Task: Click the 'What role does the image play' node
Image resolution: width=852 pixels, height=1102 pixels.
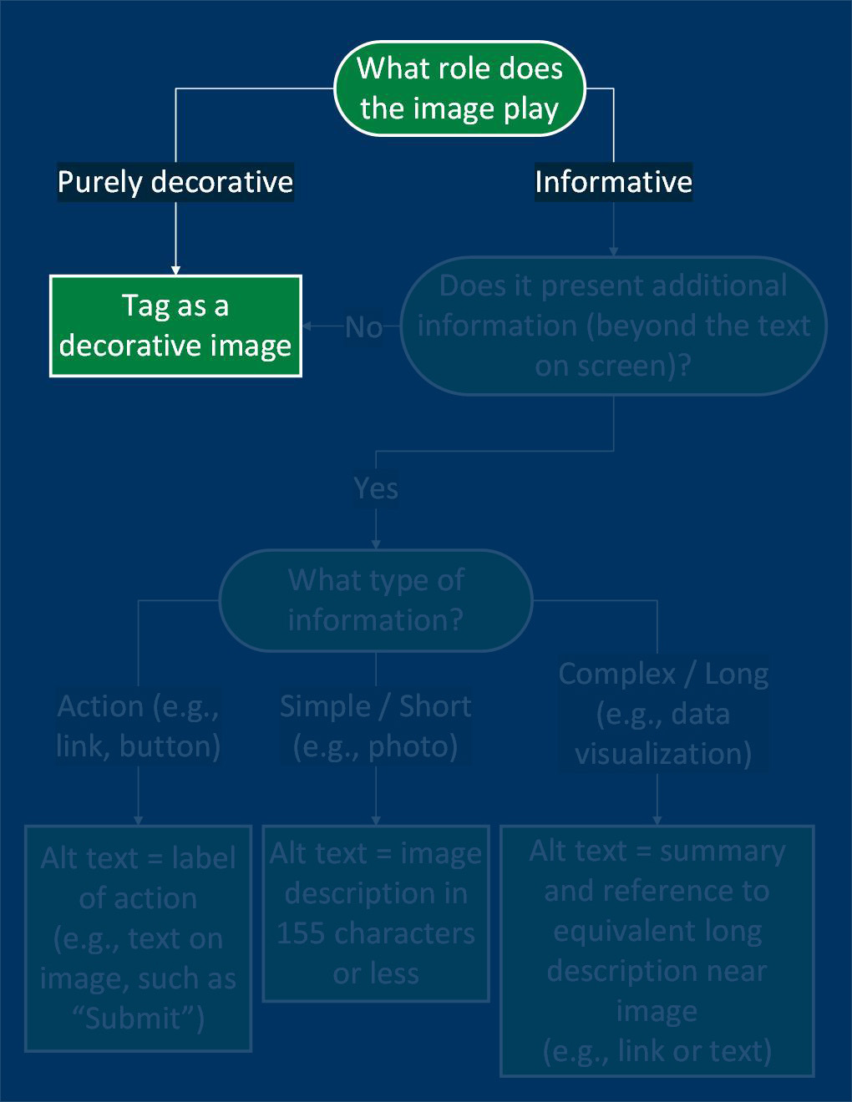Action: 459,88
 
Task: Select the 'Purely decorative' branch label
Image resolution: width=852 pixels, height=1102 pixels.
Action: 175,182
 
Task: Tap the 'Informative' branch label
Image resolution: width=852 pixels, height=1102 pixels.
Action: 613,182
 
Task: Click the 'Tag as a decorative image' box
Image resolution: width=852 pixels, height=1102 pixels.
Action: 175,326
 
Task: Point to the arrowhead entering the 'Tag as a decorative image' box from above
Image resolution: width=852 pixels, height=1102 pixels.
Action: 175,270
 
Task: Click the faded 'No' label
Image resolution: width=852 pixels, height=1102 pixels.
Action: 363,326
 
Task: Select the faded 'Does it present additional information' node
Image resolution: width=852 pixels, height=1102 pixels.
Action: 613,326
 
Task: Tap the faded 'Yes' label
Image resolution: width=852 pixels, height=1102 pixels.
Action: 375,488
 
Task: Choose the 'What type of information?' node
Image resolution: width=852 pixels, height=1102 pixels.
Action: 375,599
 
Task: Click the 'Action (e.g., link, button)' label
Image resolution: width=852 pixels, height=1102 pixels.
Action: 138,726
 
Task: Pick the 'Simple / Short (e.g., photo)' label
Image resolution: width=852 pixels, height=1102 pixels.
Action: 375,726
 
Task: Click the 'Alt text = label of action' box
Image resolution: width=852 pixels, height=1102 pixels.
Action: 138,938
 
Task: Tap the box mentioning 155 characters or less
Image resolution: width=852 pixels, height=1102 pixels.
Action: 375,913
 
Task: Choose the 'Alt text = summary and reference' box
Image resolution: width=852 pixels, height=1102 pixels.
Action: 657,950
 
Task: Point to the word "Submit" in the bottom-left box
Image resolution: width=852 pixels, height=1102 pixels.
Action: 134,1019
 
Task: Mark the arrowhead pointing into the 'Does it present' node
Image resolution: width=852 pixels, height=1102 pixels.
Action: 613,250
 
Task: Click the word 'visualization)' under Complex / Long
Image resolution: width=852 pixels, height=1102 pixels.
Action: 662,754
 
